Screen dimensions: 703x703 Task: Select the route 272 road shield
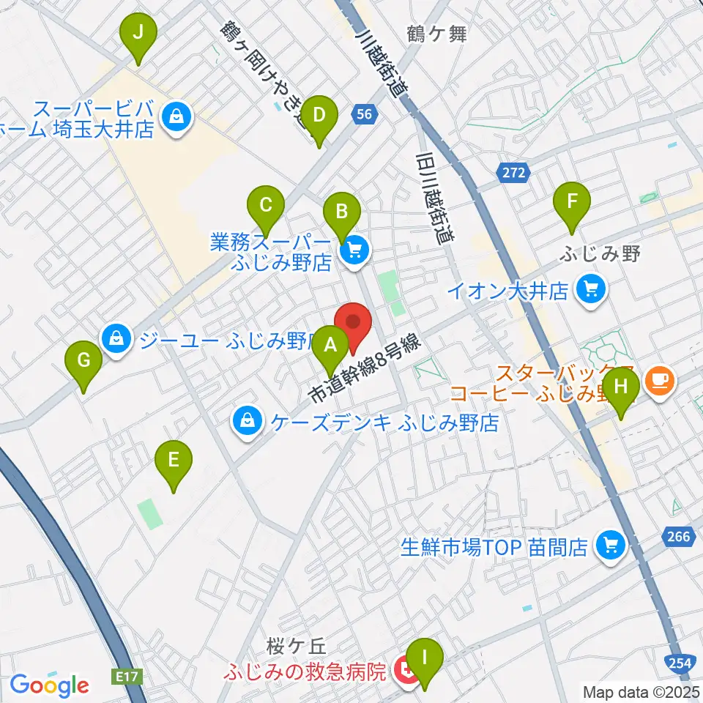tap(513, 173)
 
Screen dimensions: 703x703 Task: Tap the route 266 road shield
tap(679, 537)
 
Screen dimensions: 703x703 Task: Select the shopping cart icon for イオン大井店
tap(590, 290)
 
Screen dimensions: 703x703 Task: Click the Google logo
tap(49, 685)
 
